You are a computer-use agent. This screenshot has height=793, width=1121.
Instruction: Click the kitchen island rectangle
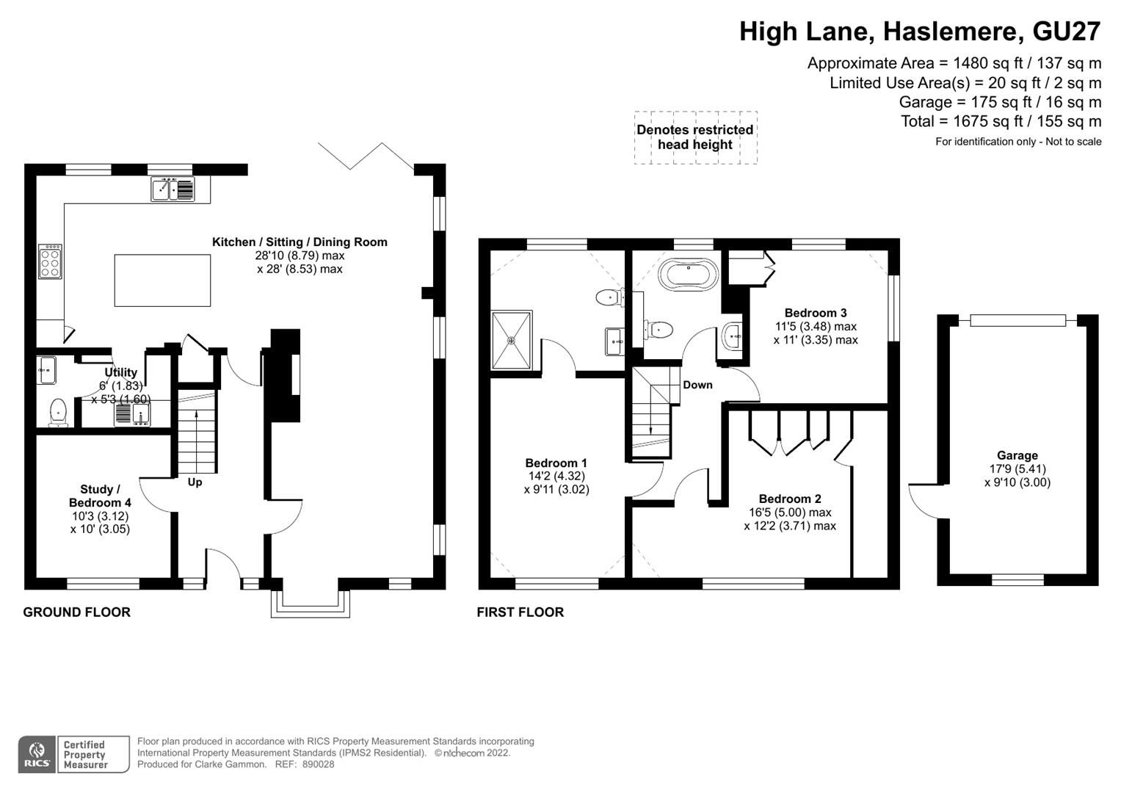[x=162, y=280]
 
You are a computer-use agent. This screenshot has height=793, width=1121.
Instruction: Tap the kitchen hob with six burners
[x=50, y=261]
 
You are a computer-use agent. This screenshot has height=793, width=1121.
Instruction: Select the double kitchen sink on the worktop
[x=173, y=189]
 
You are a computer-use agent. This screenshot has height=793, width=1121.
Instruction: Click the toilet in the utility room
[x=58, y=412]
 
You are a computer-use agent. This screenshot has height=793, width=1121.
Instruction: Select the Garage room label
[x=1017, y=455]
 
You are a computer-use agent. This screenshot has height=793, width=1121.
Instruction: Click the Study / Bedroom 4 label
[x=101, y=496]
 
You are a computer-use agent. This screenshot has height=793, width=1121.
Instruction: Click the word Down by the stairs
[x=697, y=385]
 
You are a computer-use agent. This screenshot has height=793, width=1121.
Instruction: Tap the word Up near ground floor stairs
[x=195, y=482]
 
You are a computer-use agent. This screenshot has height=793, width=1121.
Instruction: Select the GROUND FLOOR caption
[x=76, y=612]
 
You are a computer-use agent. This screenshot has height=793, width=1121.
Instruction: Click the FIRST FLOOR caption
[x=520, y=612]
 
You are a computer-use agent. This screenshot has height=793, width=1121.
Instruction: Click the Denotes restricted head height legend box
[x=695, y=137]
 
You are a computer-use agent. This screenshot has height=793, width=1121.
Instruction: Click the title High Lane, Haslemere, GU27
[x=919, y=32]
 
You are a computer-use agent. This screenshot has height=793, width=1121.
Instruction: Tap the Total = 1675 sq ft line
[x=1001, y=121]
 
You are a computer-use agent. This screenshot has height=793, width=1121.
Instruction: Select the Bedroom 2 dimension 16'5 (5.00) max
[x=790, y=513]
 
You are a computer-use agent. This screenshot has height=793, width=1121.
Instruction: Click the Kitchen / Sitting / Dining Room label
[x=300, y=242]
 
